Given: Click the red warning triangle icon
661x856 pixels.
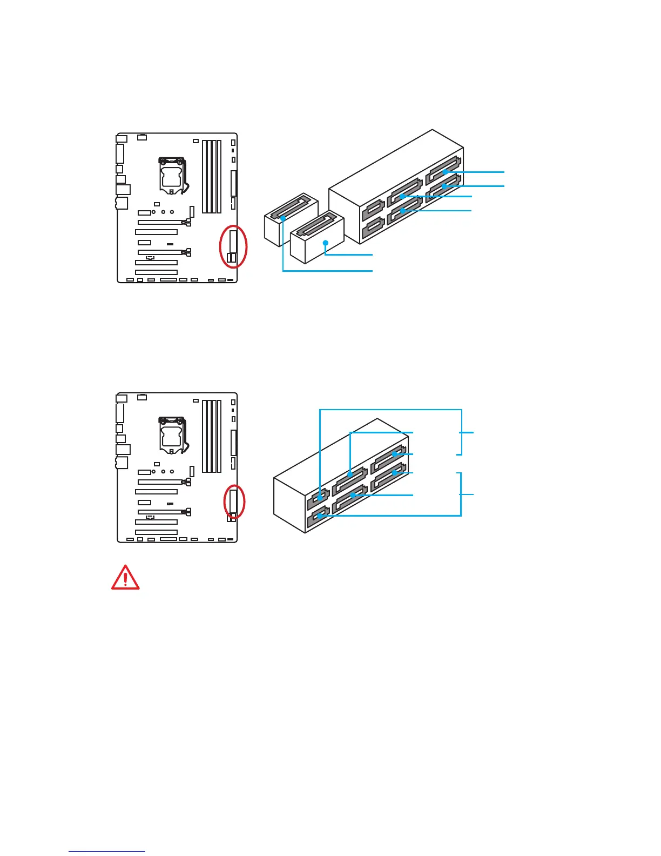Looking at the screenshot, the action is coord(125,578).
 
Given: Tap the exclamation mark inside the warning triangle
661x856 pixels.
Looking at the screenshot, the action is coord(125,579).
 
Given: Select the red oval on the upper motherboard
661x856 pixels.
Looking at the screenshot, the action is coord(233,246).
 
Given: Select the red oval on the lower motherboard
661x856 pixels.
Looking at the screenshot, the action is coord(234,501).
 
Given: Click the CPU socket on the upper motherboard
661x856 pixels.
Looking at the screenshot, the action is coord(172,175).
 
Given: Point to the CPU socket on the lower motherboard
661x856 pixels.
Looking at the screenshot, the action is coord(172,435).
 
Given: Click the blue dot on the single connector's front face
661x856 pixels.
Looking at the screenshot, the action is coord(325,243).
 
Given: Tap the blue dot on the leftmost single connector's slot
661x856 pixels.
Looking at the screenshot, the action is coord(283,218).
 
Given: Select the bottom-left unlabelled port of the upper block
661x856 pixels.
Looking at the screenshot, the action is coord(373,227).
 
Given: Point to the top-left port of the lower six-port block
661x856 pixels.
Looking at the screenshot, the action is coord(319,498).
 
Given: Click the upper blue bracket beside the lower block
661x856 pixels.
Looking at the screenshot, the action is coord(462,432).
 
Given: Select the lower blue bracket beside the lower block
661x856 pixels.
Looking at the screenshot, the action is coord(461,494).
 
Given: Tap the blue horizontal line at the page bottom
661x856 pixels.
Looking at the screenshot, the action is coord(107,851).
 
